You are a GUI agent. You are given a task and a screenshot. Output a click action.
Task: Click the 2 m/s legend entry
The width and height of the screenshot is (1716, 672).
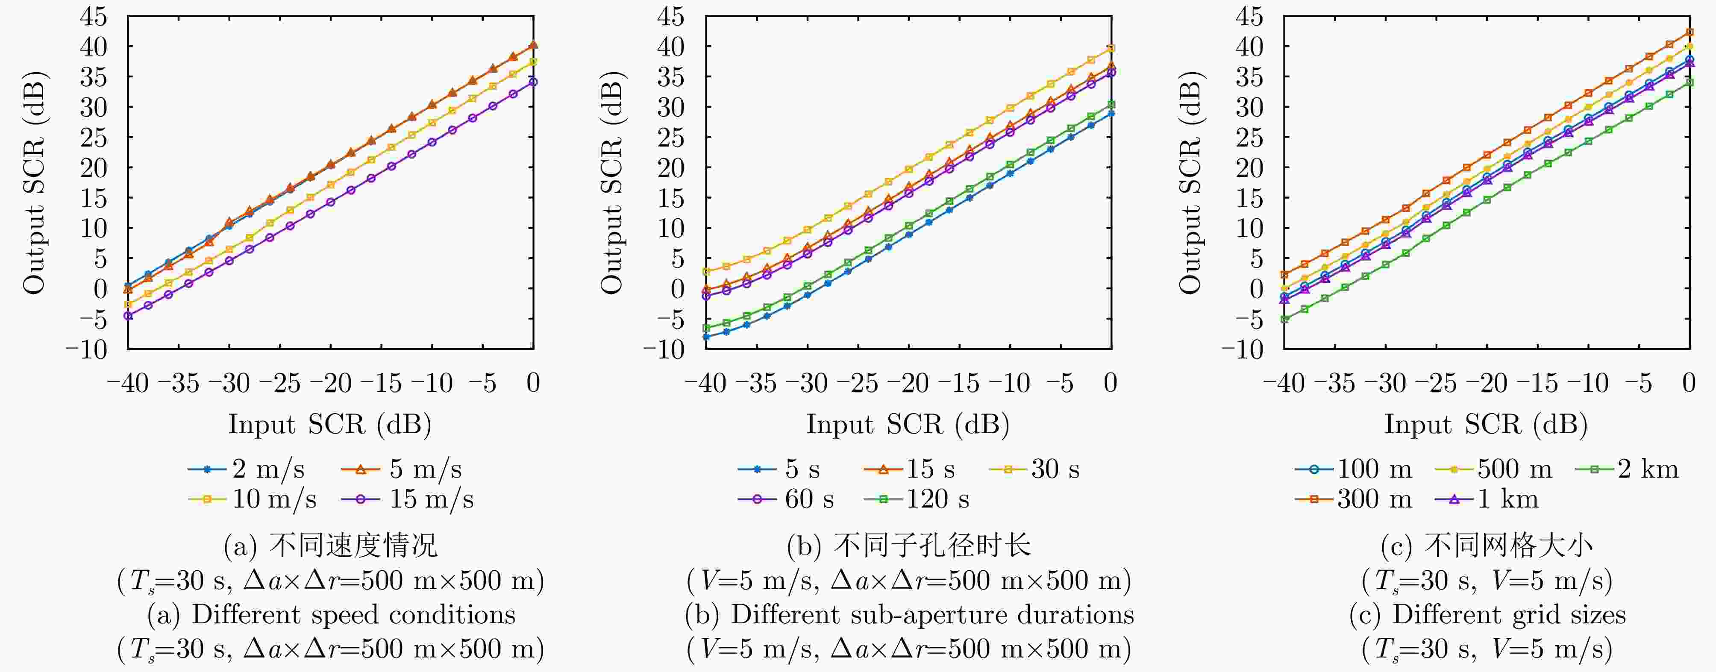pos(247,470)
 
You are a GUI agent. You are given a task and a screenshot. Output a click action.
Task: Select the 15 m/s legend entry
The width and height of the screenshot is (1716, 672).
pos(407,499)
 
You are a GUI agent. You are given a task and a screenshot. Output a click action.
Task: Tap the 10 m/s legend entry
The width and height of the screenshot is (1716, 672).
pos(253,499)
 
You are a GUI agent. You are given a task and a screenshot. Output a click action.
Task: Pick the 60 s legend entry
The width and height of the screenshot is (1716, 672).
pos(786,499)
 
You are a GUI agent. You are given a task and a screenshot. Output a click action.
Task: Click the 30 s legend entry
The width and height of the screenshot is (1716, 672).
pos(1034,470)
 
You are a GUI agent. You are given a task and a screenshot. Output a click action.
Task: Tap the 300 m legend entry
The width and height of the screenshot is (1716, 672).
pos(1354,499)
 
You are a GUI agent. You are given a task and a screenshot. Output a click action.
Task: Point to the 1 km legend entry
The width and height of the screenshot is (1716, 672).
pos(1487,499)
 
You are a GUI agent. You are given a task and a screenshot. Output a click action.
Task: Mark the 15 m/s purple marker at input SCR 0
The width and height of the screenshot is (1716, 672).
pos(534,82)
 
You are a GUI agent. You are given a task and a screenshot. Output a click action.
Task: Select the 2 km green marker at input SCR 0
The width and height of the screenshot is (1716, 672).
pos(1690,82)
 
